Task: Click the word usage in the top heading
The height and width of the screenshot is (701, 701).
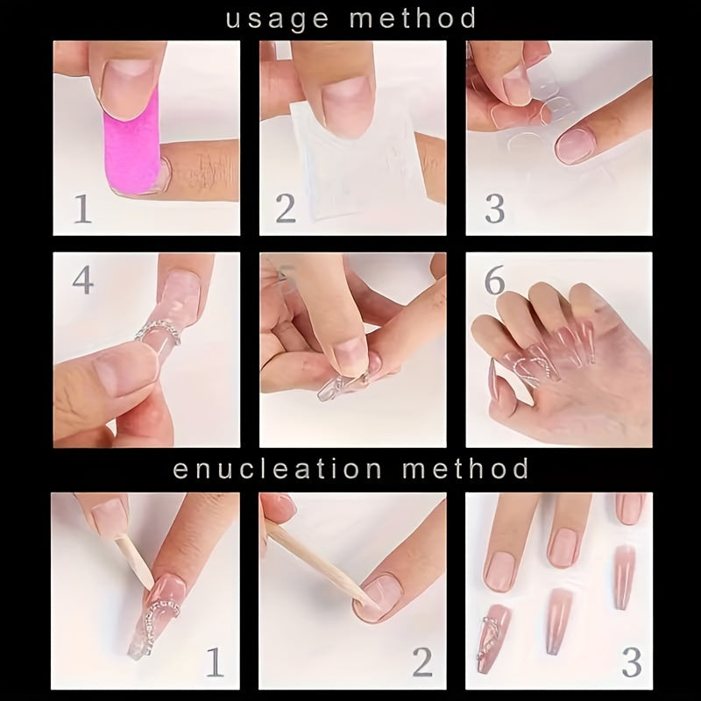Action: (278, 19)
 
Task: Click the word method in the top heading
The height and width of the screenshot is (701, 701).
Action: (413, 18)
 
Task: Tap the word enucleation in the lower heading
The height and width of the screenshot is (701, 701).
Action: (277, 469)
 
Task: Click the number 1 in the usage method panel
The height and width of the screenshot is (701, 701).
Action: (82, 209)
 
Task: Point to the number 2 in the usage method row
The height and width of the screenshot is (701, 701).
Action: (286, 209)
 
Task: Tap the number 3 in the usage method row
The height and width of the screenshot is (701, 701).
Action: (495, 209)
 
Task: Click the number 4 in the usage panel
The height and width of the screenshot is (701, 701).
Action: (83, 280)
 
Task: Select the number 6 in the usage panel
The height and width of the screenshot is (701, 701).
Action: (494, 280)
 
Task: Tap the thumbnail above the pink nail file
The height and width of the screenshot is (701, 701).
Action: (128, 89)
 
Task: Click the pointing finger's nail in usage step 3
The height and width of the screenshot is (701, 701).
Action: (576, 145)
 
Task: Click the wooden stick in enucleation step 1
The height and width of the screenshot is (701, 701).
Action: (134, 562)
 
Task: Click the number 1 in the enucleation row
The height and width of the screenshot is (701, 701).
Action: (215, 662)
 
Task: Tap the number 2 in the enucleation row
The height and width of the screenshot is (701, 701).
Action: (422, 662)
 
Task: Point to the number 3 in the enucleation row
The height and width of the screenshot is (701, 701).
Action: (632, 662)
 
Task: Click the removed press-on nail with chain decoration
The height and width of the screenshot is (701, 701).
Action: (493, 638)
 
